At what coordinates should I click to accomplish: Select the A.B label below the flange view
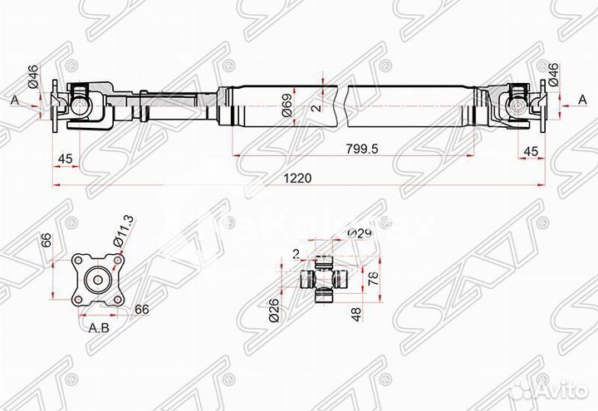click(x=99, y=327)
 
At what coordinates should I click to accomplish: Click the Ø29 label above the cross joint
click(x=358, y=233)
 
